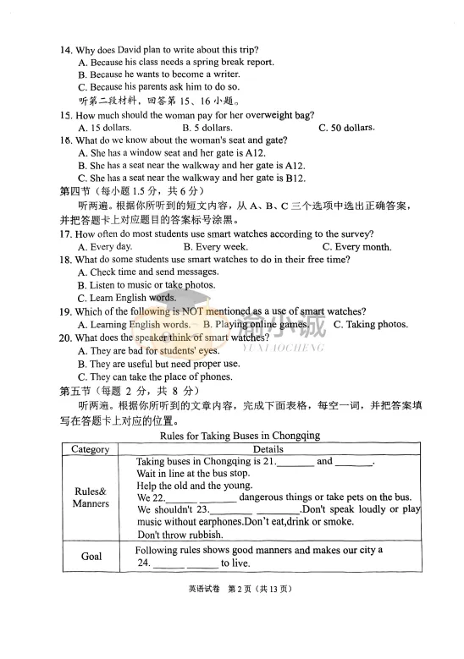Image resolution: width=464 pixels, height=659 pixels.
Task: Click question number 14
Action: tap(65, 50)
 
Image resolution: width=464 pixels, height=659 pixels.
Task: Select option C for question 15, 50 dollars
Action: tap(347, 129)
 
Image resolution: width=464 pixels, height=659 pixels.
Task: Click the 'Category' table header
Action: tap(90, 449)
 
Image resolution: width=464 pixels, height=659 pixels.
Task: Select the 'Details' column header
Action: tap(268, 449)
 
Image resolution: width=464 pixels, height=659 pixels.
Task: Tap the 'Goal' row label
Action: tap(91, 556)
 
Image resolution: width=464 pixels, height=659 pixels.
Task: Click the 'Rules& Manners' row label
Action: tap(91, 497)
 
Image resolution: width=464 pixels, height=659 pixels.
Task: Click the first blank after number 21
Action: tap(296, 463)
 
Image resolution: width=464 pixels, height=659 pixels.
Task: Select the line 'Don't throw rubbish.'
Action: tap(180, 535)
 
